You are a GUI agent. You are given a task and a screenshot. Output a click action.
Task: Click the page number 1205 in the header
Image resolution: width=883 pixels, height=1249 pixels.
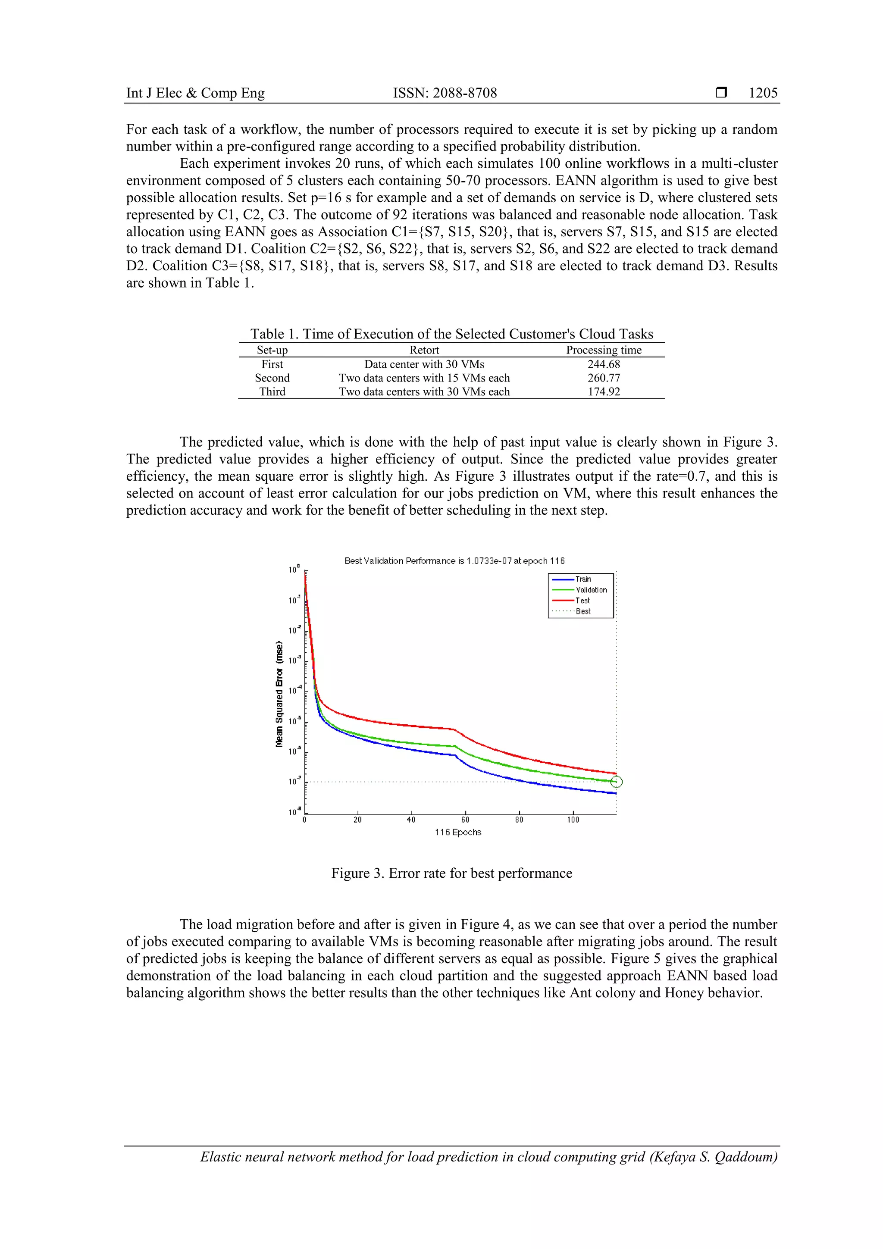tap(763, 93)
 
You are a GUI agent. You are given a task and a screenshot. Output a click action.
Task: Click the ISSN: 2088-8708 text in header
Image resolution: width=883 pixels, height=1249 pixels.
tap(445, 93)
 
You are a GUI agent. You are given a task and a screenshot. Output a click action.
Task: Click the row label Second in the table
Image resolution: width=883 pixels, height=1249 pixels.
tap(272, 378)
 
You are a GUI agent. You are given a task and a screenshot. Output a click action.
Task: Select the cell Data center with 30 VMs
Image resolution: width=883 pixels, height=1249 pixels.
tap(424, 364)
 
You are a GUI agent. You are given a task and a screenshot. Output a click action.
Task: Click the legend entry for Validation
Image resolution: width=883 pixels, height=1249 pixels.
tap(591, 590)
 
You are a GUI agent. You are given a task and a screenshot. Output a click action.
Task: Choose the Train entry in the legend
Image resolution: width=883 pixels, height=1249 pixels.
tap(583, 579)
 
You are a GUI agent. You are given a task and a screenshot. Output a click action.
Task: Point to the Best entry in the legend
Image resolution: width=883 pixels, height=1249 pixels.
tap(582, 611)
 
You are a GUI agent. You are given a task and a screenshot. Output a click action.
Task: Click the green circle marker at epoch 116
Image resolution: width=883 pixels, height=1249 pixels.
tap(617, 782)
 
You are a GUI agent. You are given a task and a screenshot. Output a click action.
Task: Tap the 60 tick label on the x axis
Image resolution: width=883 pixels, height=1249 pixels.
tap(465, 820)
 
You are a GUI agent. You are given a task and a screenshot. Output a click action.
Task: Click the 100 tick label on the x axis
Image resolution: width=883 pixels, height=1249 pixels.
tap(573, 820)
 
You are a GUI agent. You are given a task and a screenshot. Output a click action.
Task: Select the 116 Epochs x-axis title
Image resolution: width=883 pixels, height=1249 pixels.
tap(457, 832)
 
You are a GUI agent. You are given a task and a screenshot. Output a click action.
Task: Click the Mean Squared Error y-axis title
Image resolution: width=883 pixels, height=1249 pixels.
tap(279, 694)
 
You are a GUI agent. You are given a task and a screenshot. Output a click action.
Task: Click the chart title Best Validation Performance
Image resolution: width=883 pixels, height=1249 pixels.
tap(454, 561)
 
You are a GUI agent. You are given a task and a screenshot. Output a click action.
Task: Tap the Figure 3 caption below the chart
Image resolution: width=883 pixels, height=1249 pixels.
tap(451, 873)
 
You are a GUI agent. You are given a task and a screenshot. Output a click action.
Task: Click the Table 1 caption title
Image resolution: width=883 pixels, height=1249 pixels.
tap(451, 334)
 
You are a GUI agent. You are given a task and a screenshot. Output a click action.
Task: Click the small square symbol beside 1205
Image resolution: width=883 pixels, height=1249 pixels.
tap(721, 93)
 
